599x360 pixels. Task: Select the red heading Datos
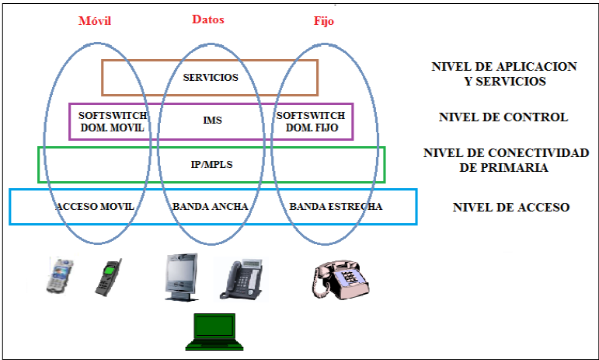[207, 19]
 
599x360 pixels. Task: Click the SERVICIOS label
[210, 78]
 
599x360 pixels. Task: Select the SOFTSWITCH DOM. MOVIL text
[112, 121]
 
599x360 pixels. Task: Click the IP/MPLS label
[211, 165]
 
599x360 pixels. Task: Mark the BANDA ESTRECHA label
[336, 207]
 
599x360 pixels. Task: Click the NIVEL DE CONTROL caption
[503, 118]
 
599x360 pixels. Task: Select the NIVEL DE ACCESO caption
[511, 208]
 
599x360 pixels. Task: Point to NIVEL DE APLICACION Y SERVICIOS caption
[503, 74]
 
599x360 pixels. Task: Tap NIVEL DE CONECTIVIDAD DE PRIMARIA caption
[505, 160]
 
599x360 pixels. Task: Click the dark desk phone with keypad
[241, 278]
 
